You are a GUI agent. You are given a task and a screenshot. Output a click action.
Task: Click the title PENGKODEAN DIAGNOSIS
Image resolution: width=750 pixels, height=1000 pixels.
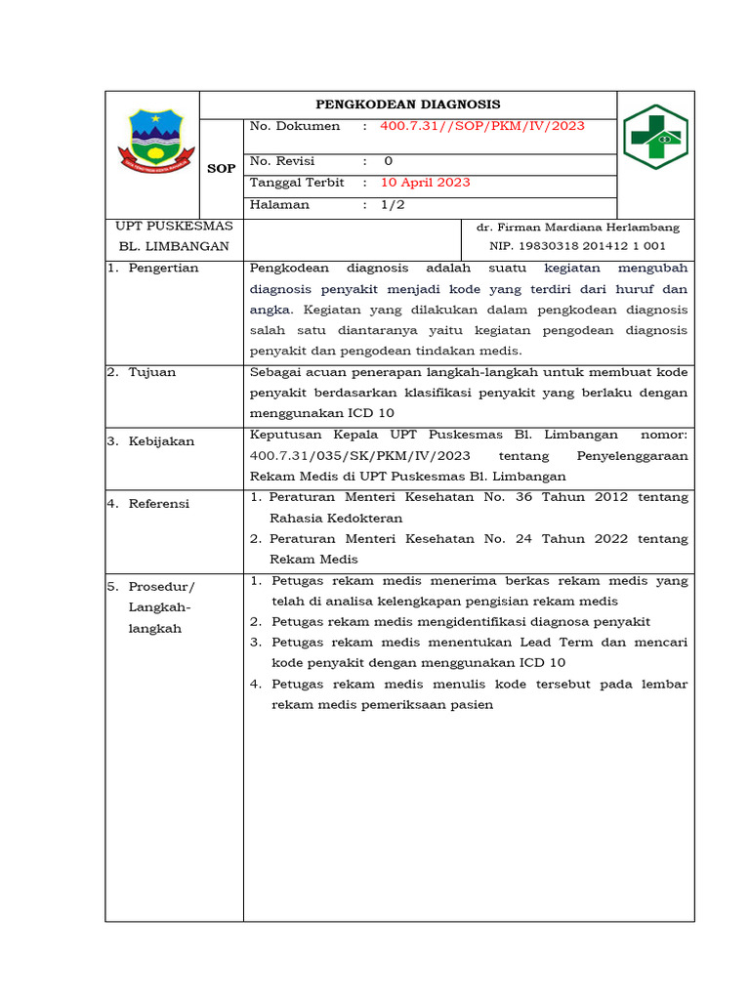tap(407, 104)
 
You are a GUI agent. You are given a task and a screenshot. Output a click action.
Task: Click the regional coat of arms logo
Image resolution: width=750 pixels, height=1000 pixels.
tap(150, 140)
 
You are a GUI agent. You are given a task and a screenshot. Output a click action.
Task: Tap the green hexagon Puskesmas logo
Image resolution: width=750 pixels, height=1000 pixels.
tap(655, 137)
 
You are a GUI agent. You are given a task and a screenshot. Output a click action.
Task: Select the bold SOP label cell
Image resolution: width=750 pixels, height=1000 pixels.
tap(222, 168)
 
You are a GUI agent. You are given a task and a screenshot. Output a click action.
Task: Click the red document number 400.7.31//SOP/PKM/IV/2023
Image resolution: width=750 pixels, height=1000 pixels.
tap(482, 126)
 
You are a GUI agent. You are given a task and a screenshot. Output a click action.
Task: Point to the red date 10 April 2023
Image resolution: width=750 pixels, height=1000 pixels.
tap(425, 183)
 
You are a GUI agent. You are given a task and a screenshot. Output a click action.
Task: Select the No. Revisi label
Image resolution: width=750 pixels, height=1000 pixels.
tap(282, 161)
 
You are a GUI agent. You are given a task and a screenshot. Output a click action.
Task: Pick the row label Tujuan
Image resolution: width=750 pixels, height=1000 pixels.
tap(153, 372)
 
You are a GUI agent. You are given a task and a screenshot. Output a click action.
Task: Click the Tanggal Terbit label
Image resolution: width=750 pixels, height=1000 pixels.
tap(297, 183)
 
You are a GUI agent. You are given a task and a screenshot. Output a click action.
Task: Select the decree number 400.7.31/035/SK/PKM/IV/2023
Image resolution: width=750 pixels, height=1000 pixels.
tap(360, 456)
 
